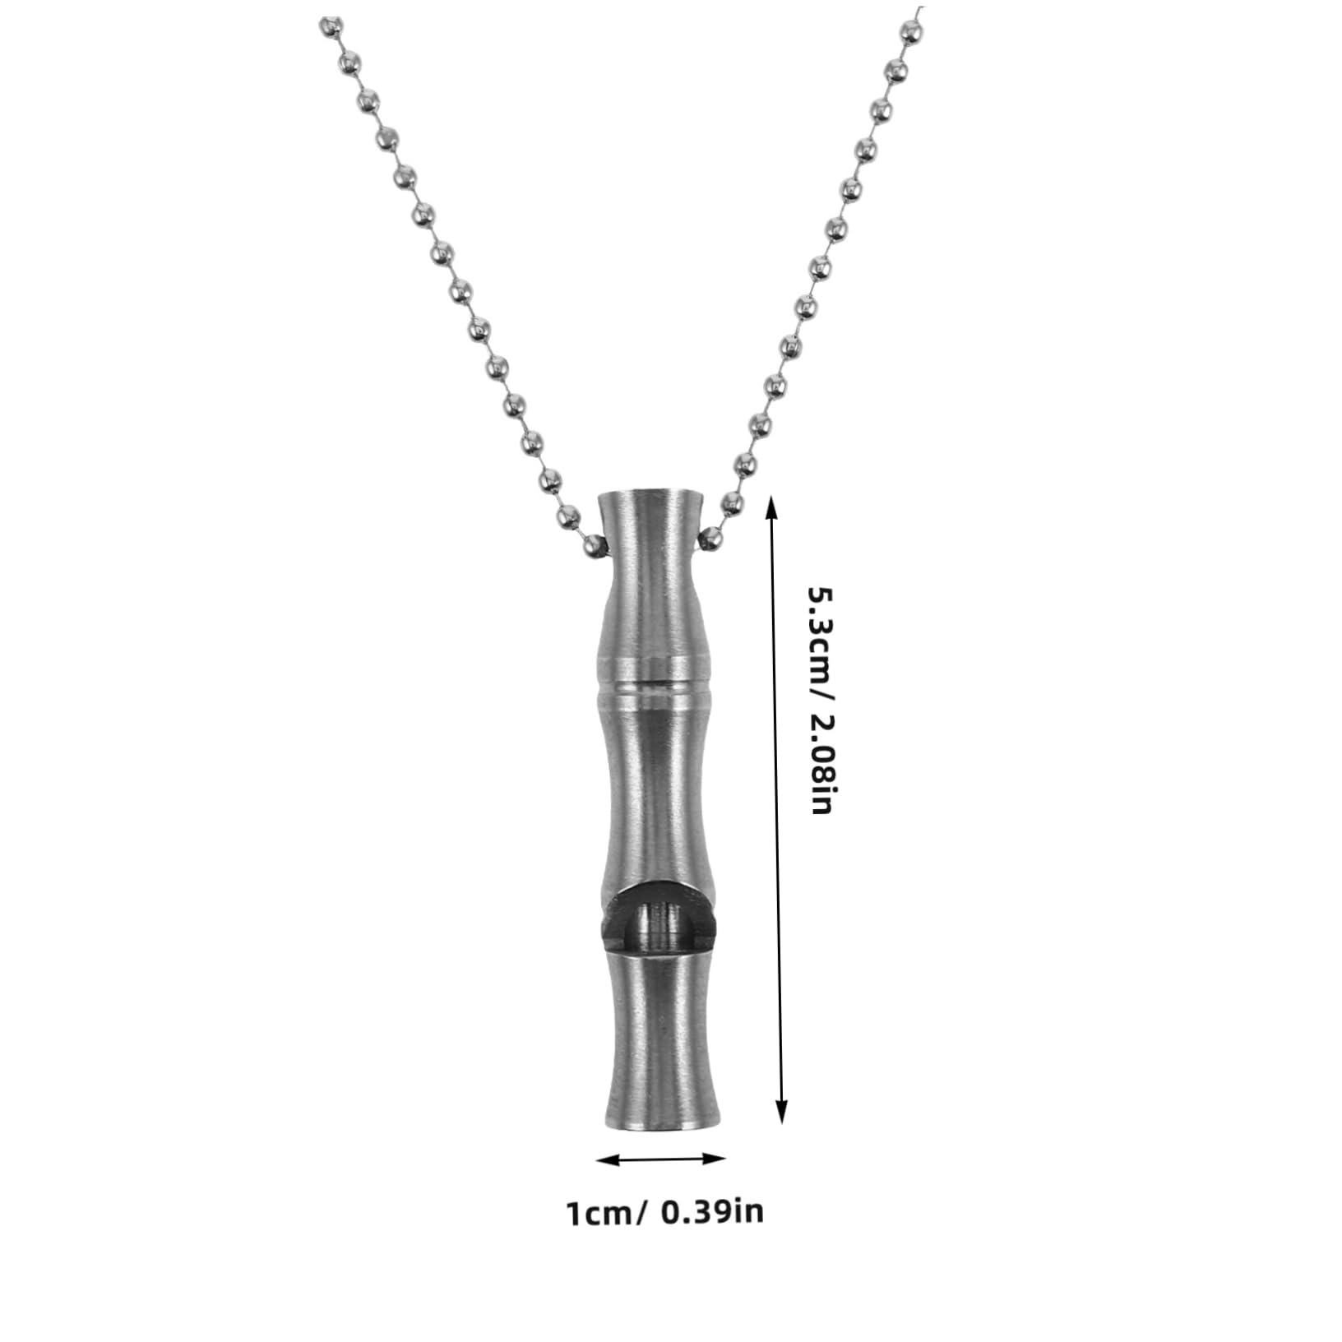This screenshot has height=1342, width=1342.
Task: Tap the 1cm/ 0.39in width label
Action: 664,1213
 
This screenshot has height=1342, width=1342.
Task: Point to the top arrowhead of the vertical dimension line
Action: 771,507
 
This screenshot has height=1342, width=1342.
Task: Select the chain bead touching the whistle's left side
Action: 594,544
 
